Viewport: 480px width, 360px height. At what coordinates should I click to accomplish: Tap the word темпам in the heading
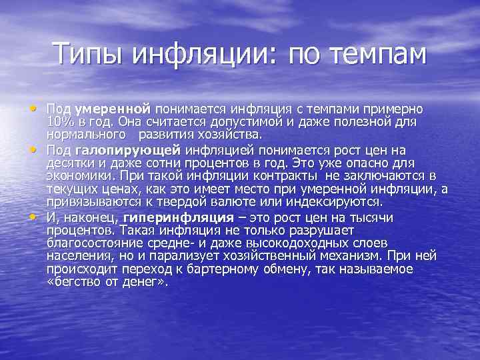click(x=377, y=53)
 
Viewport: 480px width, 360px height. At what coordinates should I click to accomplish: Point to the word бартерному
click(x=203, y=269)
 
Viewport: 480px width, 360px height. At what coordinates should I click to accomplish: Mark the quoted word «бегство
click(x=73, y=281)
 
